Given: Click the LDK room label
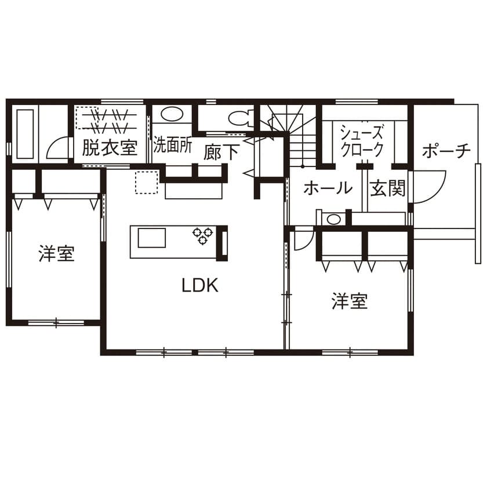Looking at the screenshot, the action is (x=200, y=285).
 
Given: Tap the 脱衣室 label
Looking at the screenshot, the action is (x=110, y=147).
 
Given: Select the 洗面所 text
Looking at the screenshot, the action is (x=172, y=145).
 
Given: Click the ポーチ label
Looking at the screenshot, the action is (x=446, y=151).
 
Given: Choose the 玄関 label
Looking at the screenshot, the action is (x=388, y=188).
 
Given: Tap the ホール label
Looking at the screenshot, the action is (x=328, y=188).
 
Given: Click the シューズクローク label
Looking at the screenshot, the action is (x=362, y=141).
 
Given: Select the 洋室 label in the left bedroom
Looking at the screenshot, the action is (x=57, y=253).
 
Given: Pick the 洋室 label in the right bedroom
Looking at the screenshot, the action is (x=350, y=301).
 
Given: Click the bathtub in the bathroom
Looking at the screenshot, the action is (x=25, y=134).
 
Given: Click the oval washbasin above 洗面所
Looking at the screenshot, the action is (x=172, y=114).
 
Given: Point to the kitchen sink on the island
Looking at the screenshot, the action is (x=151, y=238).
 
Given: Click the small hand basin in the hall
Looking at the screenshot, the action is (x=333, y=219).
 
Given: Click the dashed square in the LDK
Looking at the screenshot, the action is (x=147, y=182).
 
